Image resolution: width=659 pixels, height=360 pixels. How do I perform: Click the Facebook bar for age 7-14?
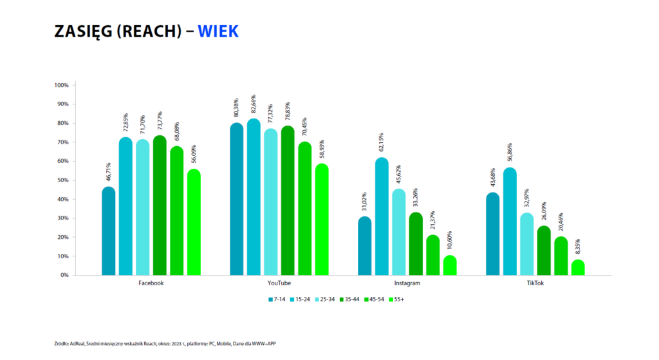109,232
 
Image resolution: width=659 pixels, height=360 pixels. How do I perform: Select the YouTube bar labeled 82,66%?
254,197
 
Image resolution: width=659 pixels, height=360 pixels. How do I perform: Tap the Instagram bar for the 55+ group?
449,266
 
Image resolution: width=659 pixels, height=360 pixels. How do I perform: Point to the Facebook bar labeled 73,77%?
160,206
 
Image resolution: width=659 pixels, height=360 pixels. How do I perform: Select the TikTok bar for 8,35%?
578,268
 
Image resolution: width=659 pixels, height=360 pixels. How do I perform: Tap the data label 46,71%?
108,173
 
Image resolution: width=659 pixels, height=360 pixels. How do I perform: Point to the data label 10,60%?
449,242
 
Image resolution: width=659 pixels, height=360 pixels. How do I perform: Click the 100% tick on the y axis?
62,85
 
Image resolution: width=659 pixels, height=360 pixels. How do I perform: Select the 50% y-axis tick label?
63,180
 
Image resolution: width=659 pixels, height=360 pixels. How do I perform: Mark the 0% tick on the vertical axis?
65,275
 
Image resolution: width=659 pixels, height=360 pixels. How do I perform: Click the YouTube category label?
279,283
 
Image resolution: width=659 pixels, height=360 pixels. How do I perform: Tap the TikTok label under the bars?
535,283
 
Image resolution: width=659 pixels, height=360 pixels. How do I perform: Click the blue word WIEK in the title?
218,32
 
